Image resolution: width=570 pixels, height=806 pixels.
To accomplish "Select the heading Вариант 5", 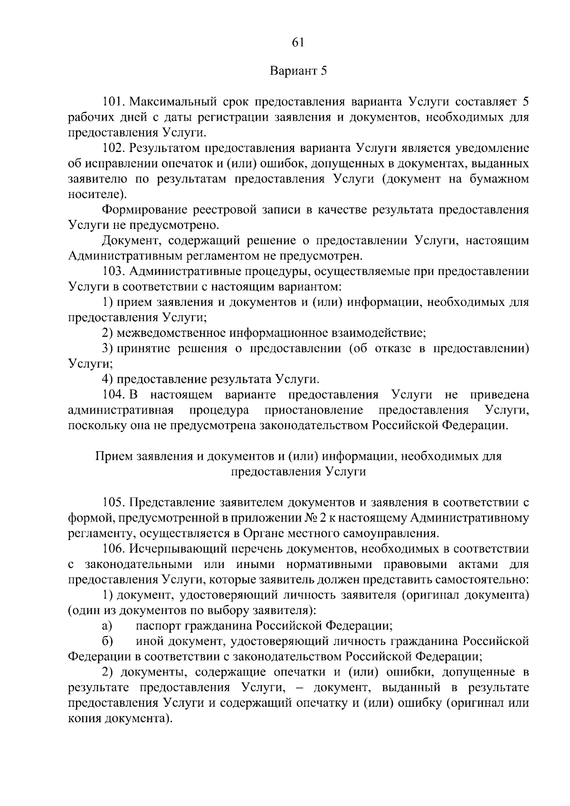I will point(299,71).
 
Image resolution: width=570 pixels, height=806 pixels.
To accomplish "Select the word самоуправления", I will point(386,533).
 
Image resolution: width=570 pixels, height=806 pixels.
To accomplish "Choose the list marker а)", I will point(106,626).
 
